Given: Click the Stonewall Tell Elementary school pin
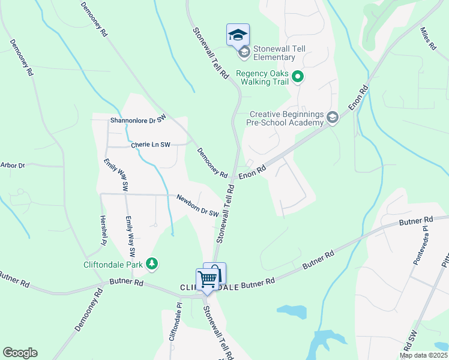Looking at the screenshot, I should [x=238, y=35].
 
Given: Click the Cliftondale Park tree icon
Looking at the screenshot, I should [x=152, y=263].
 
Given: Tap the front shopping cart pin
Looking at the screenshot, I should [x=207, y=279].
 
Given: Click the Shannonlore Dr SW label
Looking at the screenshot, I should [x=137, y=120].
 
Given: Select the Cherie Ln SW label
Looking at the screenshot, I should [x=151, y=145].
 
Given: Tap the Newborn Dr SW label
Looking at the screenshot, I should [x=197, y=205].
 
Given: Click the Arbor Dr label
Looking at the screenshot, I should [x=13, y=165].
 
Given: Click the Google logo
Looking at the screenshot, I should [x=20, y=353].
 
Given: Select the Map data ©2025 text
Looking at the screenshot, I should [x=424, y=355].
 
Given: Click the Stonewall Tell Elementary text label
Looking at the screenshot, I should [x=274, y=53].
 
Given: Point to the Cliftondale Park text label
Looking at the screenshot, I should [x=113, y=263].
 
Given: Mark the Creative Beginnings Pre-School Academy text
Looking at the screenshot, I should [x=286, y=118].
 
